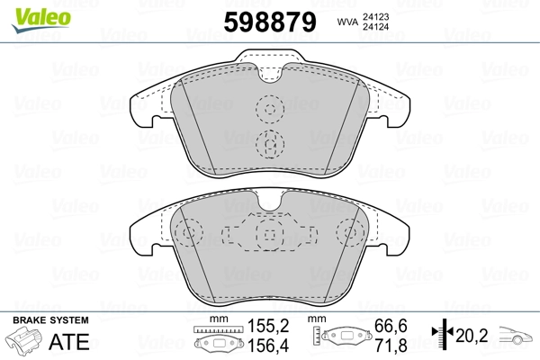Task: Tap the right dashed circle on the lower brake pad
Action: (x=348, y=235)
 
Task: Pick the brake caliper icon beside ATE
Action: (x=27, y=343)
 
